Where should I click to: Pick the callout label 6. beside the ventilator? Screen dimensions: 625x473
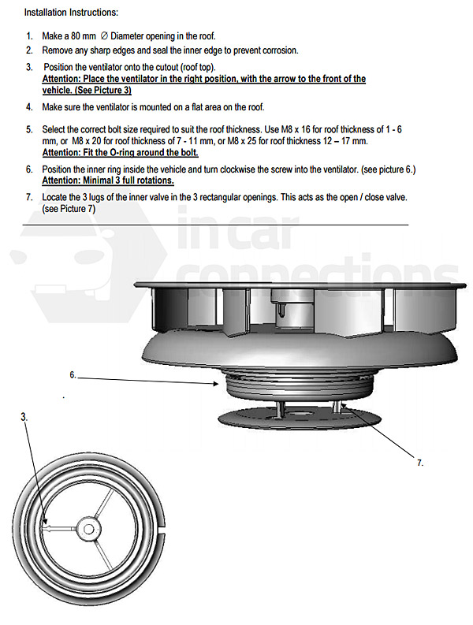coord(73,375)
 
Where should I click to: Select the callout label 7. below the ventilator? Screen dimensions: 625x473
coord(420,463)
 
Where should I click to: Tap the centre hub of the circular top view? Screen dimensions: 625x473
coord(88,530)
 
